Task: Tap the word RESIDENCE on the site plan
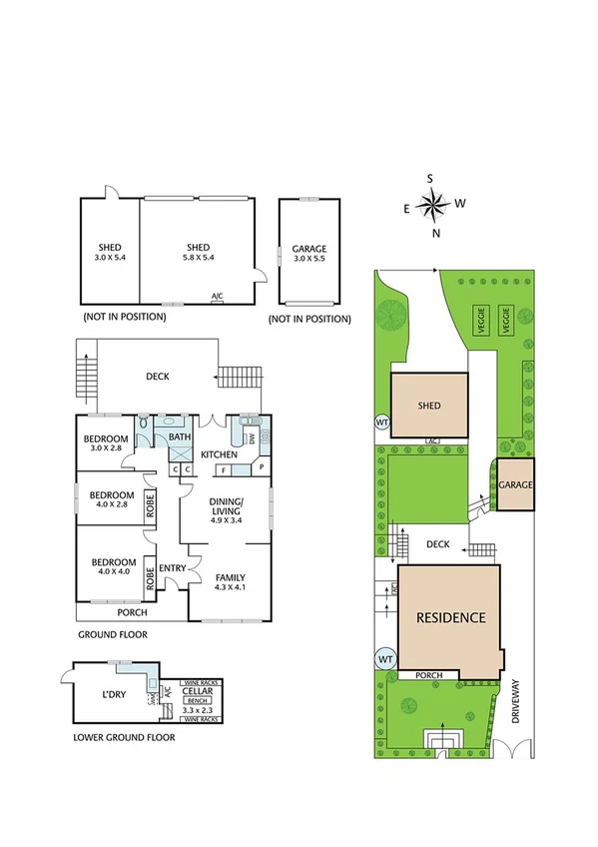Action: (x=451, y=617)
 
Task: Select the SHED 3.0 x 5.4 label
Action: (x=110, y=254)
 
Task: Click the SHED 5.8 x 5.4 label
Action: (x=196, y=254)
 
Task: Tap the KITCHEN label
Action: (x=218, y=455)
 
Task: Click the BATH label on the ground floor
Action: (x=179, y=437)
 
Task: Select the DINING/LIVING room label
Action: (x=226, y=510)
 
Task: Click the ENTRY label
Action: (x=172, y=568)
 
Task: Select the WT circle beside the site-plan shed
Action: (x=380, y=422)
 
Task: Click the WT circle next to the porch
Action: (x=384, y=659)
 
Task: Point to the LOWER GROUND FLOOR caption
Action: (x=125, y=738)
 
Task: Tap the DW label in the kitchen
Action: (x=252, y=437)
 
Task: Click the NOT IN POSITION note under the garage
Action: (x=309, y=320)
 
